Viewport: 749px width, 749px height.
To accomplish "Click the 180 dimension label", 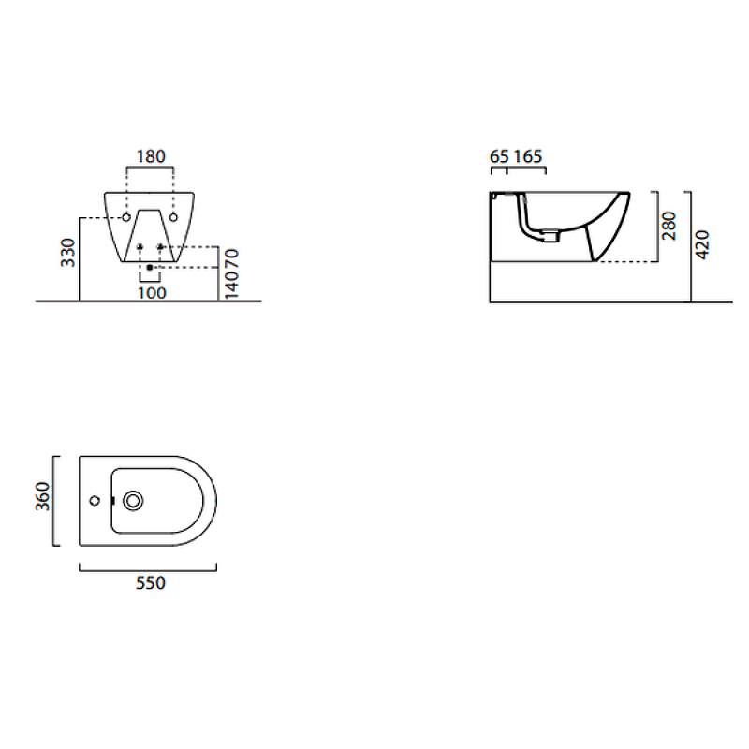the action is pyautogui.click(x=151, y=156).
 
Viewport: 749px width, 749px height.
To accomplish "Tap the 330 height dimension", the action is pyautogui.click(x=68, y=253).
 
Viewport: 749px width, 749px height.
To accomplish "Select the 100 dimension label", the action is pyautogui.click(x=152, y=293).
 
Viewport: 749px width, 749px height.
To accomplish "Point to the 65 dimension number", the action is pyautogui.click(x=499, y=156).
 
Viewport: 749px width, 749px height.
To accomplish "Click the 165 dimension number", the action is pyautogui.click(x=528, y=156).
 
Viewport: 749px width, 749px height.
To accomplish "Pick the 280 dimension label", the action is pyautogui.click(x=669, y=226).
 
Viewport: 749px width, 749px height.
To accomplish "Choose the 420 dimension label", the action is pyautogui.click(x=702, y=245).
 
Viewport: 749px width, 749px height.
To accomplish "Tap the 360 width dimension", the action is pyautogui.click(x=42, y=496).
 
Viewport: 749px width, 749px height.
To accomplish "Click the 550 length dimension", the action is pyautogui.click(x=151, y=583).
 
